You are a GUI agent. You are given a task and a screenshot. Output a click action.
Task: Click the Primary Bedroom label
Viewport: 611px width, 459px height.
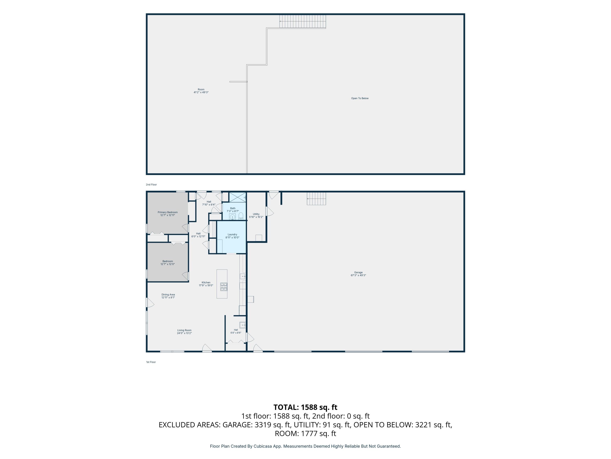point(168,214)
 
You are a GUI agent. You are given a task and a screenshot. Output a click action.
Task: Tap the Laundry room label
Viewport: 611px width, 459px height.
point(232,236)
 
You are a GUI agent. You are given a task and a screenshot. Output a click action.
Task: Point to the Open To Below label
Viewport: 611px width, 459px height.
point(360,98)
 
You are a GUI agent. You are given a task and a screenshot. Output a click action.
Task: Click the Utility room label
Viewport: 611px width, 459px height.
point(256,216)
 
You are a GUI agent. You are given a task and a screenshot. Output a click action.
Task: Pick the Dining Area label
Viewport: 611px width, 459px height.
point(168,296)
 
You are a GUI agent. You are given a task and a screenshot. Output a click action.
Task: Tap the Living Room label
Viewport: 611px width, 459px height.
point(184,332)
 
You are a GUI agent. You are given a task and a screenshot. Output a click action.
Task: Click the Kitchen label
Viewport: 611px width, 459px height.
point(206,284)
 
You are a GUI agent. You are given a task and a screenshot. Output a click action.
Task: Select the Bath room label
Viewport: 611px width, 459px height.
point(233,210)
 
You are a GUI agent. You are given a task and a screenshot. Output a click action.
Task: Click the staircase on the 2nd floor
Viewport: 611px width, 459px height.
point(303,21)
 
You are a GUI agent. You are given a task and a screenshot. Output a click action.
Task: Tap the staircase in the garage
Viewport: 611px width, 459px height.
point(316,199)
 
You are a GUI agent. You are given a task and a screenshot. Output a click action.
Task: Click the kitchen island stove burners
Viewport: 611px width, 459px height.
point(224,287)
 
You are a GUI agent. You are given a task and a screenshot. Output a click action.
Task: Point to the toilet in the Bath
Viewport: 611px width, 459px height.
point(241,216)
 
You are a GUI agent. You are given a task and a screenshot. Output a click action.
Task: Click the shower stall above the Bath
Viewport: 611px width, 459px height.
point(237,197)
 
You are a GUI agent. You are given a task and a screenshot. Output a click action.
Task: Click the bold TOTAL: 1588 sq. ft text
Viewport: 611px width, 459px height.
point(305,407)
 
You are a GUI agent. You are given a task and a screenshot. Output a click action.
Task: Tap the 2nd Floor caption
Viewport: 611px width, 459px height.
point(151,185)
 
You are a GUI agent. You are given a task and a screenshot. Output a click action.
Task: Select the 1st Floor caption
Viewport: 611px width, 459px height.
point(151,362)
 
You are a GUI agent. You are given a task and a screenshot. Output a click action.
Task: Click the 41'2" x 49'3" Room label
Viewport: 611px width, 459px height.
point(201,91)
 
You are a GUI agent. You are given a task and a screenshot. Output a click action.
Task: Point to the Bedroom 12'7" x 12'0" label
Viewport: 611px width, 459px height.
point(168,263)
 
